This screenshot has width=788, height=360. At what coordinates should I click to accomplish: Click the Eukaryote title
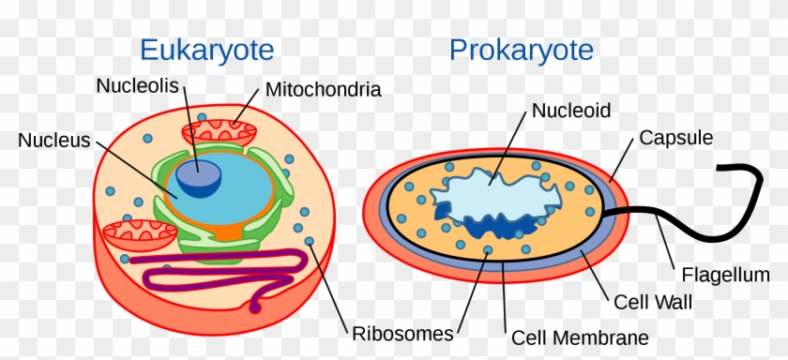pyautogui.click(x=206, y=49)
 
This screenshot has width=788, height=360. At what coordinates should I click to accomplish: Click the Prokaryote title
pyautogui.click(x=522, y=49)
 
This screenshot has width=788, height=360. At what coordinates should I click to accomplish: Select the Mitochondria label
pyautogui.click(x=324, y=90)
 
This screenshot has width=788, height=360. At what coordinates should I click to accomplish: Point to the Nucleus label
pyautogui.click(x=53, y=141)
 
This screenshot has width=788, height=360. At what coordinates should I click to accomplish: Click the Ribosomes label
pyautogui.click(x=402, y=333)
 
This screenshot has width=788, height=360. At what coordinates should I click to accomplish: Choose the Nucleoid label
pyautogui.click(x=571, y=111)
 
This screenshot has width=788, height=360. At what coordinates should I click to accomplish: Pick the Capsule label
pyautogui.click(x=676, y=138)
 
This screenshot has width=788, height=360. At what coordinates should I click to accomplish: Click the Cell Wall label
pyautogui.click(x=653, y=303)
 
